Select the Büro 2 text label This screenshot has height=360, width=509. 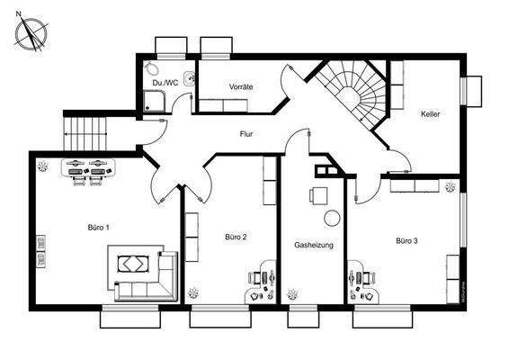pos(236,237)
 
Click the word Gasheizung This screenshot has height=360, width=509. pos(315,245)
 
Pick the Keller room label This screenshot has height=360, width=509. pos(430,114)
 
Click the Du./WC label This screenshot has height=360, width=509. pos(165,83)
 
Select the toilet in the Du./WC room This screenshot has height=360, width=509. pos(153,70)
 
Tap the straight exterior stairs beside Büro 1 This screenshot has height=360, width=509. pos(85,134)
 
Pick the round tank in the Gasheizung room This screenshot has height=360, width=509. pos(332,217)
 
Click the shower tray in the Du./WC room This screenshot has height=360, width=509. pos(154,102)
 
